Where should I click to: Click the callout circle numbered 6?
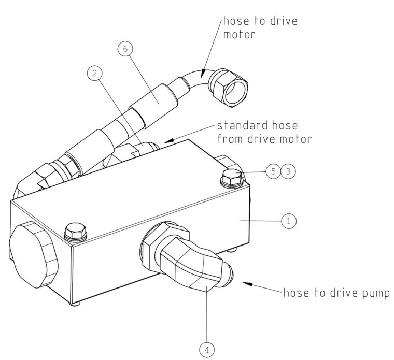point(126,51)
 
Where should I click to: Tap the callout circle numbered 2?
point(94,74)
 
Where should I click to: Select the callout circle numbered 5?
point(273,171)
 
